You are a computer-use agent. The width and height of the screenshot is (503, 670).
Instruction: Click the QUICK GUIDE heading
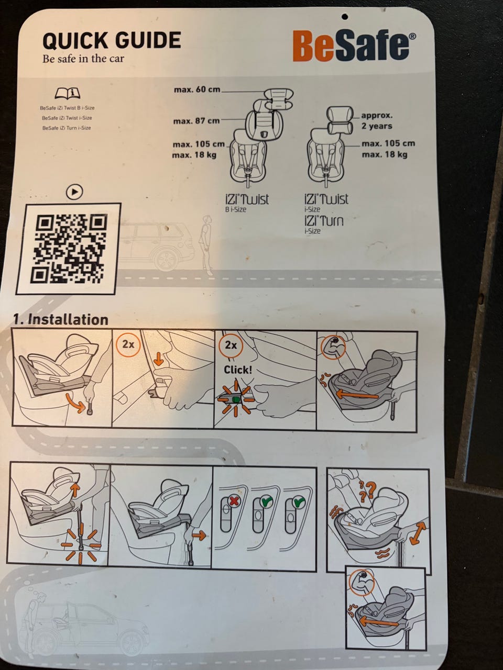[112, 40]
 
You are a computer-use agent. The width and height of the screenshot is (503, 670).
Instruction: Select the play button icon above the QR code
[74, 192]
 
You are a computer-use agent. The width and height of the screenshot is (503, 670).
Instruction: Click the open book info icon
[67, 93]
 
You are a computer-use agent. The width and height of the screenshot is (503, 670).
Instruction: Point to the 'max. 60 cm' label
[197, 90]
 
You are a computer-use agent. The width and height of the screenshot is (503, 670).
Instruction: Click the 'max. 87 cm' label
[196, 121]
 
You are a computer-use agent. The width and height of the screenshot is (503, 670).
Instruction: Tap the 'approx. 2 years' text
[377, 121]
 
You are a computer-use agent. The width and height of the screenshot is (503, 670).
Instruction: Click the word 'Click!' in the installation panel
[238, 370]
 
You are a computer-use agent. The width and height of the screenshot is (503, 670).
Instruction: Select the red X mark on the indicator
[234, 500]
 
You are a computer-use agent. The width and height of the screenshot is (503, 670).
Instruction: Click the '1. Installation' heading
[61, 320]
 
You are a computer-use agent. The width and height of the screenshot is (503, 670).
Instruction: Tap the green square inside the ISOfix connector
[235, 400]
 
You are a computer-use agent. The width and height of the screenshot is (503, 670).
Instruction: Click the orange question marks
[367, 491]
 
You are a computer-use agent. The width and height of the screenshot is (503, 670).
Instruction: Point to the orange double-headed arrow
[418, 533]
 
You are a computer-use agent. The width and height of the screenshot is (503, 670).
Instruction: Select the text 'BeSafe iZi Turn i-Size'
[67, 128]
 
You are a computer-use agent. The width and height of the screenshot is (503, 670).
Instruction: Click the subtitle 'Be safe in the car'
[83, 58]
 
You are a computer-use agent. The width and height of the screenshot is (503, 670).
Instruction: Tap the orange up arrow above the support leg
[75, 490]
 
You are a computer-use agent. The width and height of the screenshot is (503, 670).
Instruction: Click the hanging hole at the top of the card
[345, 16]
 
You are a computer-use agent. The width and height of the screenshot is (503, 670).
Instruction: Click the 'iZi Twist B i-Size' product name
[247, 203]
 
